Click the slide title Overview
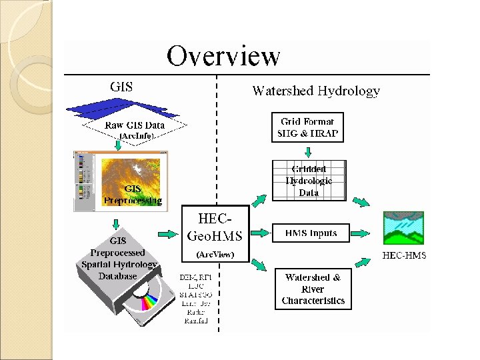coord(223,56)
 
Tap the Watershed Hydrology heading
coord(316,91)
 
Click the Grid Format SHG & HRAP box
coord(307,127)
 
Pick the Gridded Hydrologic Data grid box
coord(309,180)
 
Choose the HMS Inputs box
coord(311,233)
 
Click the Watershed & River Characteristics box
coord(313,289)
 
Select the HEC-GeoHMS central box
coord(215,233)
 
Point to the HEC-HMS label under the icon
coord(404,255)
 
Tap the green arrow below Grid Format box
coord(308,150)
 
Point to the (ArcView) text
coord(215,255)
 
